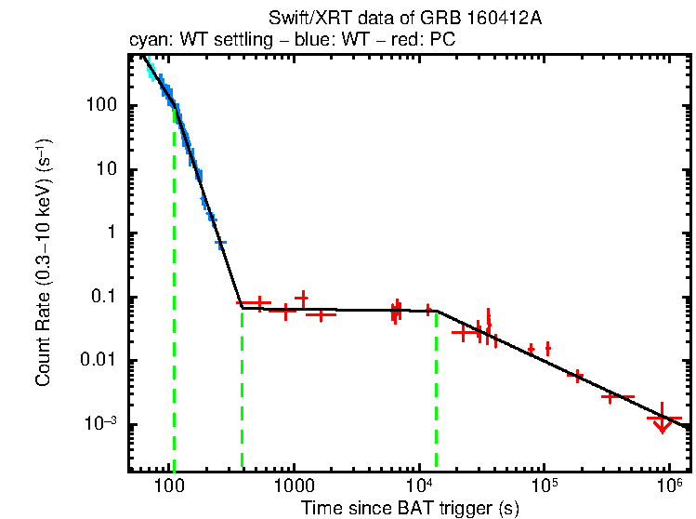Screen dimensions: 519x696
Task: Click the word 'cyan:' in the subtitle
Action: [148, 40]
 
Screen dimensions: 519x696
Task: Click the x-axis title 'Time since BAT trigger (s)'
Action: [410, 508]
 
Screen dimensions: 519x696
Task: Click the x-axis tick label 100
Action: [170, 486]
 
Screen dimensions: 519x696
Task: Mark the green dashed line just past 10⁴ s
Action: [436, 391]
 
